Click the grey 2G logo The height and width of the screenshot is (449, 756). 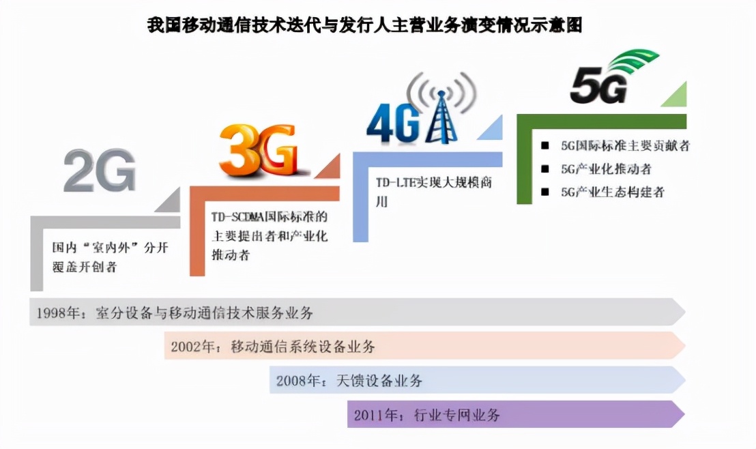coord(100,170)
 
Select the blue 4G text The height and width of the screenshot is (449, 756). coord(392,124)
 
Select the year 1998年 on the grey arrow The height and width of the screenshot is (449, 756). coord(59,313)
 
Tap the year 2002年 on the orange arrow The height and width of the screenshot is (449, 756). coord(193,347)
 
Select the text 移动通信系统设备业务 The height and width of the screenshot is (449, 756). coord(303,347)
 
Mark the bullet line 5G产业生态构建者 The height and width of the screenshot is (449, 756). coord(612,192)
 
